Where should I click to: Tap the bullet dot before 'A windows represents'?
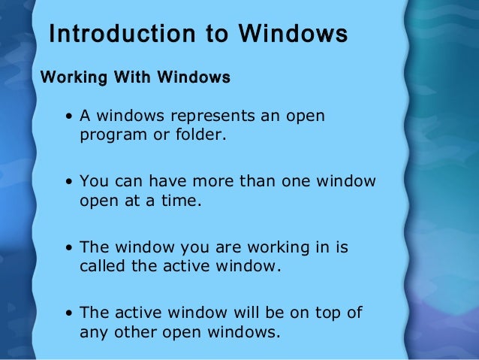[x=69, y=117]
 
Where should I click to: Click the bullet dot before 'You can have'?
[x=69, y=182]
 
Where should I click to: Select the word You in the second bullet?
[x=93, y=181]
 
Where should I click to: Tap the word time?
[x=184, y=201]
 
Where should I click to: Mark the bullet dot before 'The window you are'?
[x=69, y=247]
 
